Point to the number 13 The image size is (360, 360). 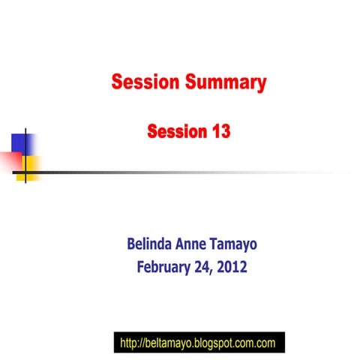[217, 132]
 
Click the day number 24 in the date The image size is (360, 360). [205, 266]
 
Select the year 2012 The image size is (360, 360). [233, 266]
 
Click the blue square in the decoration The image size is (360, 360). [23, 142]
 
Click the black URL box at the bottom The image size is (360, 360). [199, 343]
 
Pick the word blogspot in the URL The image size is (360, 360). [214, 343]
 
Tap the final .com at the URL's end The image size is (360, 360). [264, 343]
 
